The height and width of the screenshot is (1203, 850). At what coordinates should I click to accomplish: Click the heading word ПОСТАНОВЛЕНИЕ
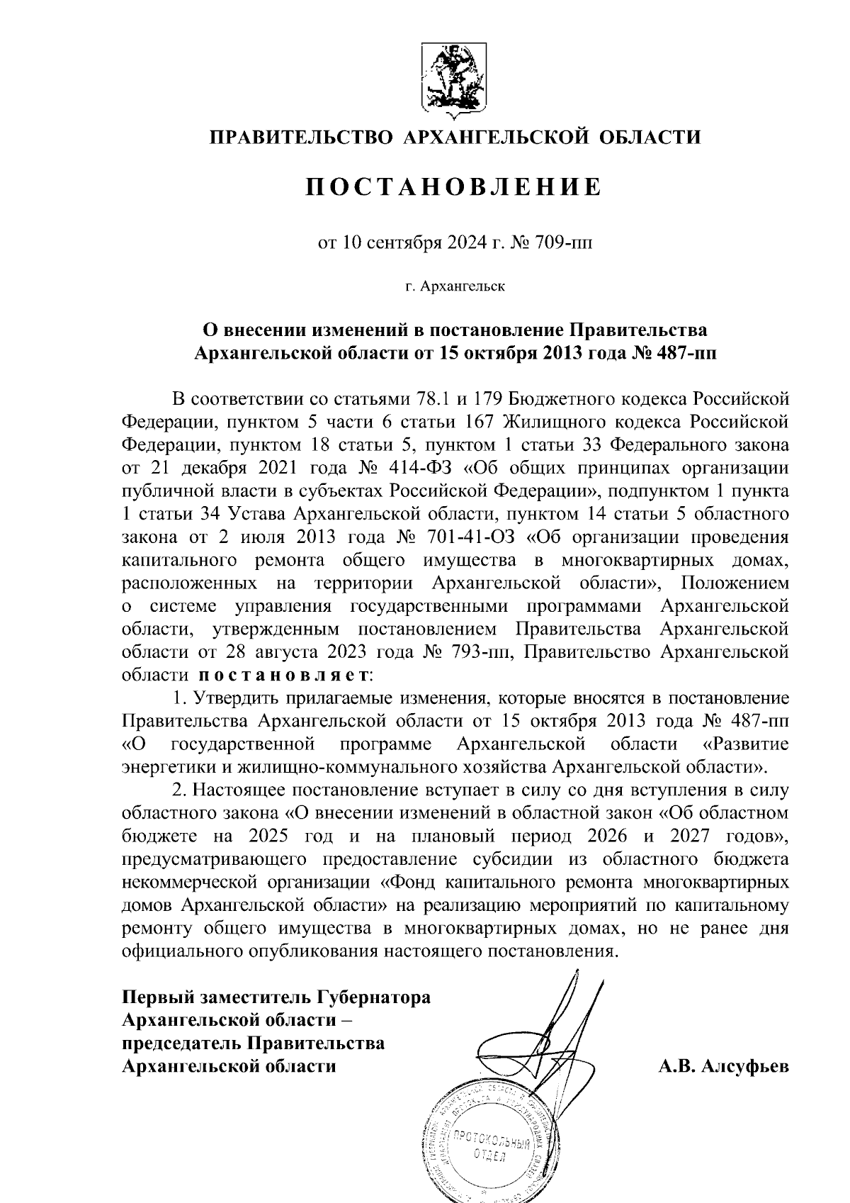point(453,187)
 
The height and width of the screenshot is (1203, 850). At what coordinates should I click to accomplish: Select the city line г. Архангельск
point(454,287)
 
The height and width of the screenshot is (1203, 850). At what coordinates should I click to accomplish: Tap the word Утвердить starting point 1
point(240,698)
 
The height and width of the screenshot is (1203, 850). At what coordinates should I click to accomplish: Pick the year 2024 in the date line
point(465,245)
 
